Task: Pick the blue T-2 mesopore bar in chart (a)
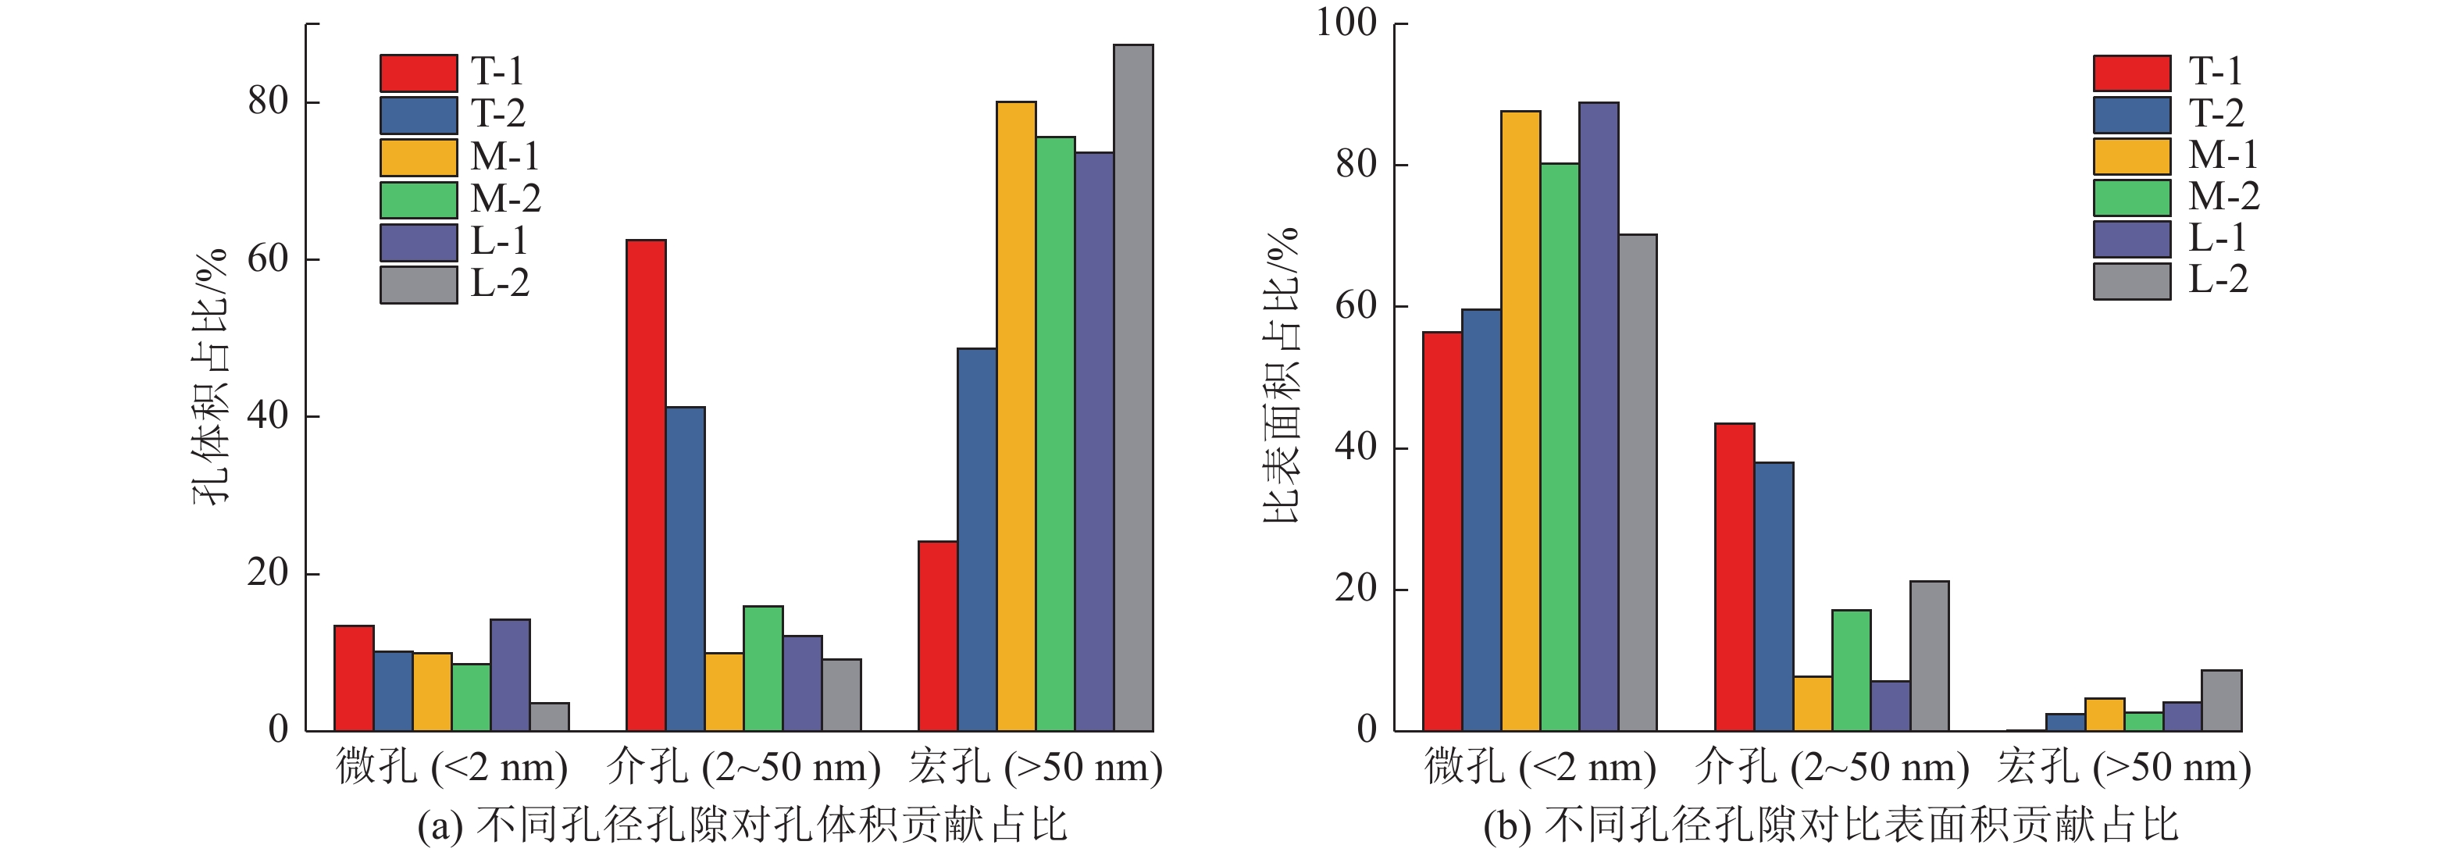coord(685,569)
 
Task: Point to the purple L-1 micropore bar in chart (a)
coord(510,676)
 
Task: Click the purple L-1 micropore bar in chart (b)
coord(1598,416)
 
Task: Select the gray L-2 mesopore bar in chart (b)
coord(1929,656)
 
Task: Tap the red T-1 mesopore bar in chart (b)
coord(1734,577)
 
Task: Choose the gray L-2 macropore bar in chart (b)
coord(2221,701)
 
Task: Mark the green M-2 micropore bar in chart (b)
coord(1559,447)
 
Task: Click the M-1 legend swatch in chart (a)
coord(419,158)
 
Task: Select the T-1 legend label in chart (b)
coord(2215,72)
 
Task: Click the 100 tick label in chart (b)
coord(1346,22)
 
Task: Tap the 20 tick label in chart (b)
coord(1355,588)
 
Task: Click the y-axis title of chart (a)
coord(211,377)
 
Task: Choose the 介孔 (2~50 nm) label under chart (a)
coord(743,768)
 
